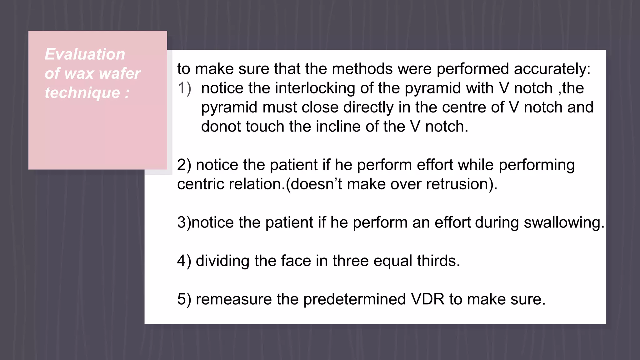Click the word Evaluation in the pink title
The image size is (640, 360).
point(85,54)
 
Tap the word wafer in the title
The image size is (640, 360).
point(120,74)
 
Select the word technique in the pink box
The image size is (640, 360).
point(82,93)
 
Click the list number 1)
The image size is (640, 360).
point(184,88)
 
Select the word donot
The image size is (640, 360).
point(221,127)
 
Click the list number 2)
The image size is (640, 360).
point(184,165)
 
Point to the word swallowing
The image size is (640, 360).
point(564,222)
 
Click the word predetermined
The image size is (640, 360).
point(355,299)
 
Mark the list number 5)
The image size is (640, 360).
point(184,299)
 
